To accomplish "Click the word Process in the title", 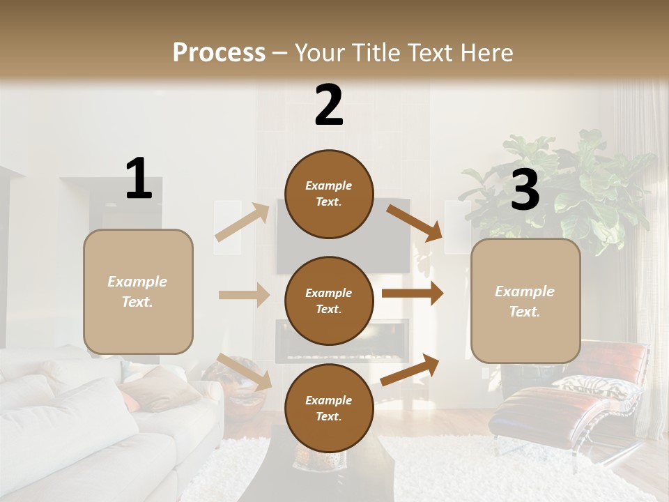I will pyautogui.click(x=219, y=52).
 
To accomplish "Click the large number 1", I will pyautogui.click(x=139, y=178).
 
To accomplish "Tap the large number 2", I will pyautogui.click(x=329, y=105).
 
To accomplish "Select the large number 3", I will pyautogui.click(x=525, y=190).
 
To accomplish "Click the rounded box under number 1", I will pyautogui.click(x=138, y=291).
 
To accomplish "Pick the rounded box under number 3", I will pyautogui.click(x=525, y=301).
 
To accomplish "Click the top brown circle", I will pyautogui.click(x=329, y=194).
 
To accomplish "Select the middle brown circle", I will pyautogui.click(x=329, y=301).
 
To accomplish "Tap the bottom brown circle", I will pyautogui.click(x=329, y=409).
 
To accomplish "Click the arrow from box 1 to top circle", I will pyautogui.click(x=242, y=222).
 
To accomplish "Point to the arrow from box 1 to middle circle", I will pyautogui.click(x=243, y=295).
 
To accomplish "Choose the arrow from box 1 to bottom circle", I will pyautogui.click(x=244, y=372).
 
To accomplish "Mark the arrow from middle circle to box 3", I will pyautogui.click(x=412, y=294).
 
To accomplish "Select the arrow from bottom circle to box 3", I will pyautogui.click(x=410, y=370).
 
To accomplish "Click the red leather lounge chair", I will pyautogui.click(x=571, y=397).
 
